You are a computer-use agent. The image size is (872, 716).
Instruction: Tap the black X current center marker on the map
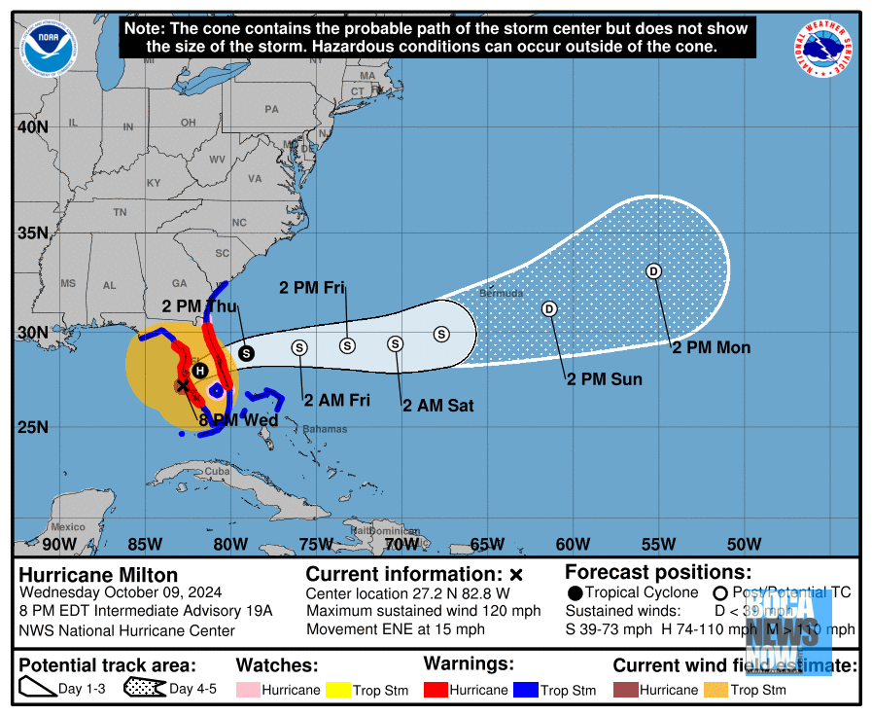pos(182,386)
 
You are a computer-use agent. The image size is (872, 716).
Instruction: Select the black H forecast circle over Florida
pos(199,371)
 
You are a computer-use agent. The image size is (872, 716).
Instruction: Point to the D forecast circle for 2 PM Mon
pos(653,270)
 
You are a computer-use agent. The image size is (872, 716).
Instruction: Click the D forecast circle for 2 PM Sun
pos(548,308)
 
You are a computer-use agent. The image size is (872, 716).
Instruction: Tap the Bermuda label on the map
pos(501,293)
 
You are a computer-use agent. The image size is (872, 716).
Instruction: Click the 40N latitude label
pos(32,127)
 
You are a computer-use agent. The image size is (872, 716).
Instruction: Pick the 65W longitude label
pos(486,544)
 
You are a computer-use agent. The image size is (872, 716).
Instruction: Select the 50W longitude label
pos(744,544)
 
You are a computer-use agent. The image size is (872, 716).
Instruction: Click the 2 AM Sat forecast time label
pos(438,405)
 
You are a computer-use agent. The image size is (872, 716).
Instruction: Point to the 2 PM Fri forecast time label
pos(313,287)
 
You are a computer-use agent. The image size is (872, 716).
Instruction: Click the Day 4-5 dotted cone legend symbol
pos(143,689)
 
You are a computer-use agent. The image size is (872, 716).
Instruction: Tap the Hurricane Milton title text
pos(98,574)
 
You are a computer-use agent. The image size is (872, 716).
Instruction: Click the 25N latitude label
pos(32,427)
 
